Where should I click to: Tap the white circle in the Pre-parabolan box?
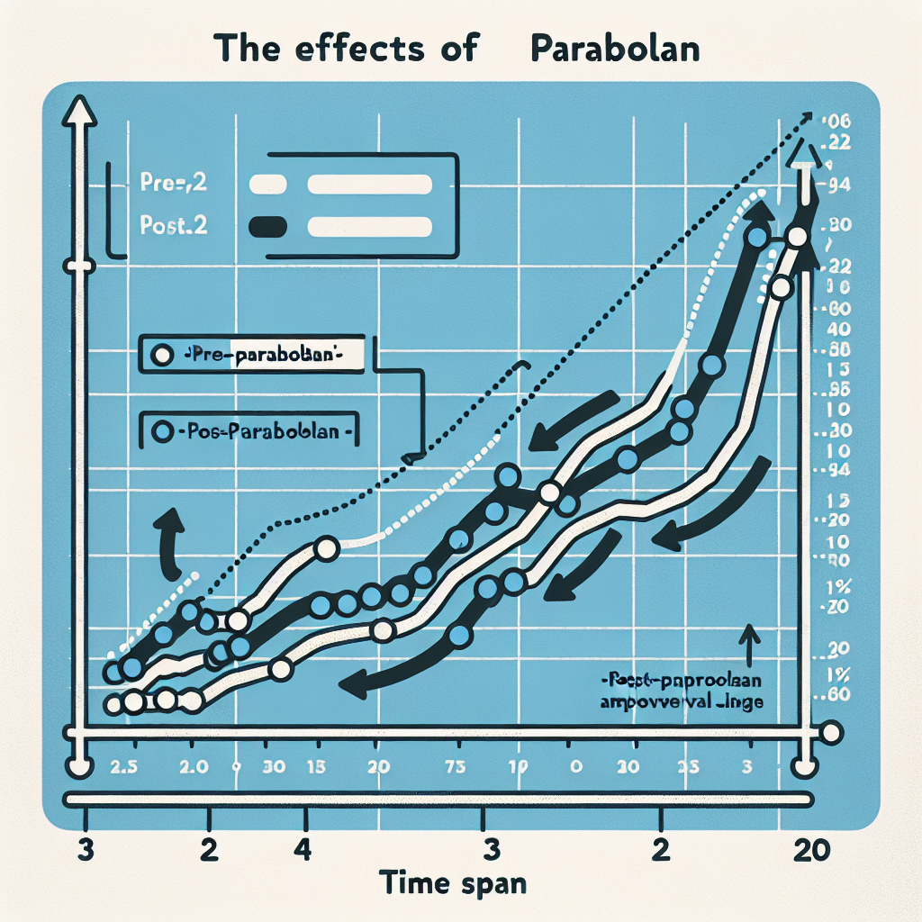162,355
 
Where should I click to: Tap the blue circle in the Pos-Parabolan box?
162,432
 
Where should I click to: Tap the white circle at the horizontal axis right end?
832,732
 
